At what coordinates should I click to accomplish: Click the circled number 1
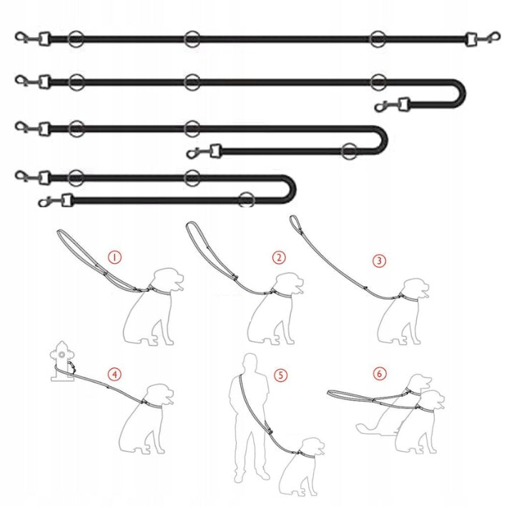tap(114, 257)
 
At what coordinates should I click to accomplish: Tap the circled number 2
tap(279, 257)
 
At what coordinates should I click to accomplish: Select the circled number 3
tap(379, 260)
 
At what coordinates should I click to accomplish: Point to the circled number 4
tap(114, 375)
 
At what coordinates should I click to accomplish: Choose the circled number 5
tap(280, 375)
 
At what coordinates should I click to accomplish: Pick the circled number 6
tap(379, 373)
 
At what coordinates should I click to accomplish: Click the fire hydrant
tap(62, 361)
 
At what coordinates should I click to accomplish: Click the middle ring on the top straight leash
tap(192, 39)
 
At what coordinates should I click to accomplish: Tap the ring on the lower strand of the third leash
tap(349, 151)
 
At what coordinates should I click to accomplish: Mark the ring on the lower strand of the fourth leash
tap(247, 200)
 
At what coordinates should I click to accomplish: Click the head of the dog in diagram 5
tap(311, 448)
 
